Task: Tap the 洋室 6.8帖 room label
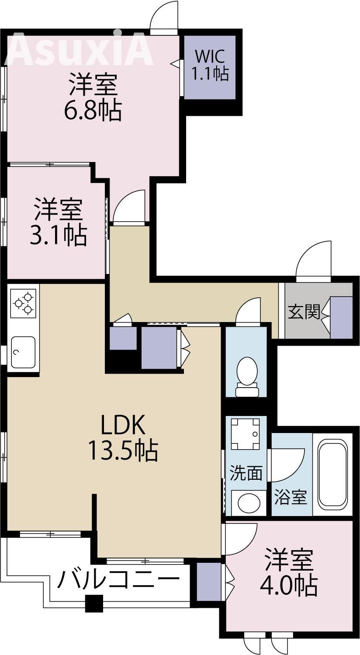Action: tap(93, 97)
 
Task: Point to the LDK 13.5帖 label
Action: tap(123, 438)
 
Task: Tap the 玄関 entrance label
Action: tap(304, 312)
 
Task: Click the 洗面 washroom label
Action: tap(246, 473)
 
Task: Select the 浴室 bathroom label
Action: tap(290, 497)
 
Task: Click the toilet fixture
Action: tap(247, 376)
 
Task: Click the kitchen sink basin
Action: tap(23, 352)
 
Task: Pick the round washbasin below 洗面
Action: tap(248, 503)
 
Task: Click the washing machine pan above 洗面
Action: tap(246, 433)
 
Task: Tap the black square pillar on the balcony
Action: tap(94, 604)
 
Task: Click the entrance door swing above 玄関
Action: tap(314, 260)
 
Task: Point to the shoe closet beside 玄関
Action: tap(341, 318)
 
